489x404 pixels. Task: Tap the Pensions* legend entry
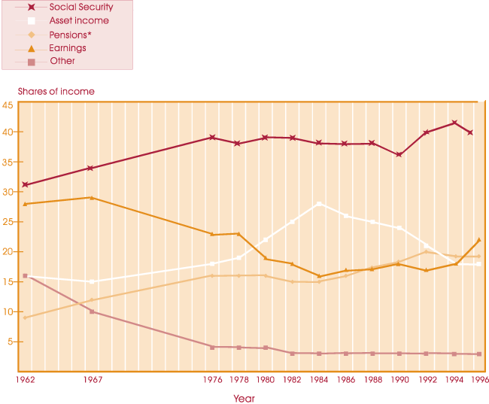click(68, 35)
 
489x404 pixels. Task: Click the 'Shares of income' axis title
click(56, 91)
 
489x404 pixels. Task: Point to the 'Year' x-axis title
click(244, 399)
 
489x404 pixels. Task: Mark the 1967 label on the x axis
click(91, 381)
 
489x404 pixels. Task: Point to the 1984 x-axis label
click(319, 381)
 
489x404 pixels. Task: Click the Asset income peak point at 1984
click(319, 204)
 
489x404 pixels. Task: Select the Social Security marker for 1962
click(25, 184)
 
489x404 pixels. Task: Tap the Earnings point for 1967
click(91, 198)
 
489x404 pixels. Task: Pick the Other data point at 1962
click(25, 276)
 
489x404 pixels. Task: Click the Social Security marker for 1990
click(399, 155)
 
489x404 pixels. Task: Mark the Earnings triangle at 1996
click(478, 240)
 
